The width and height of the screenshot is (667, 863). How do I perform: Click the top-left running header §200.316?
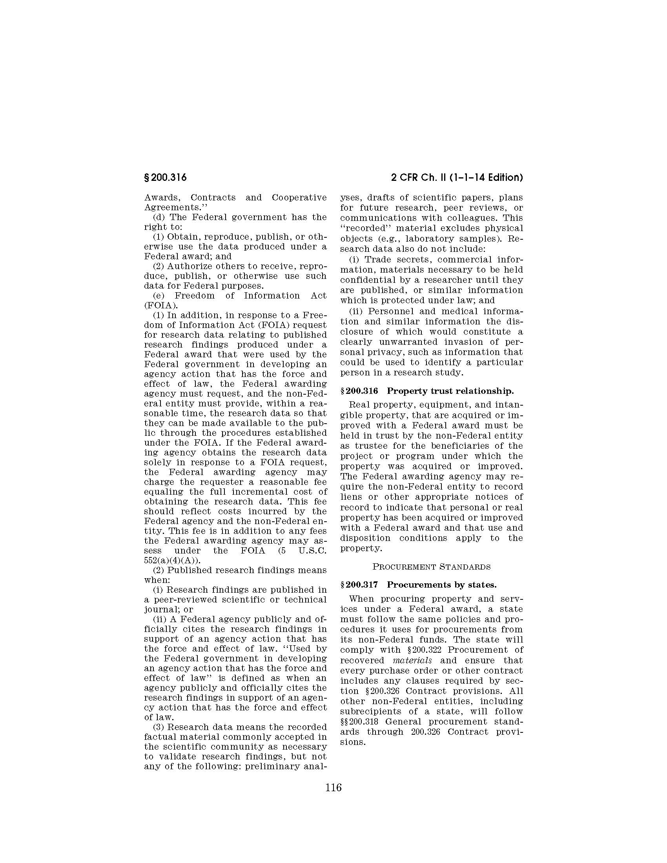(166, 178)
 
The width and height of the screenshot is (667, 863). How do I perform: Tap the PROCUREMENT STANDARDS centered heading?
(432, 567)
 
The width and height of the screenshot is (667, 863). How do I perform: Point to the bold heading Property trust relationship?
(450, 391)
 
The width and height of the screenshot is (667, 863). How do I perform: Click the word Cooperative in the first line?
(299, 197)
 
